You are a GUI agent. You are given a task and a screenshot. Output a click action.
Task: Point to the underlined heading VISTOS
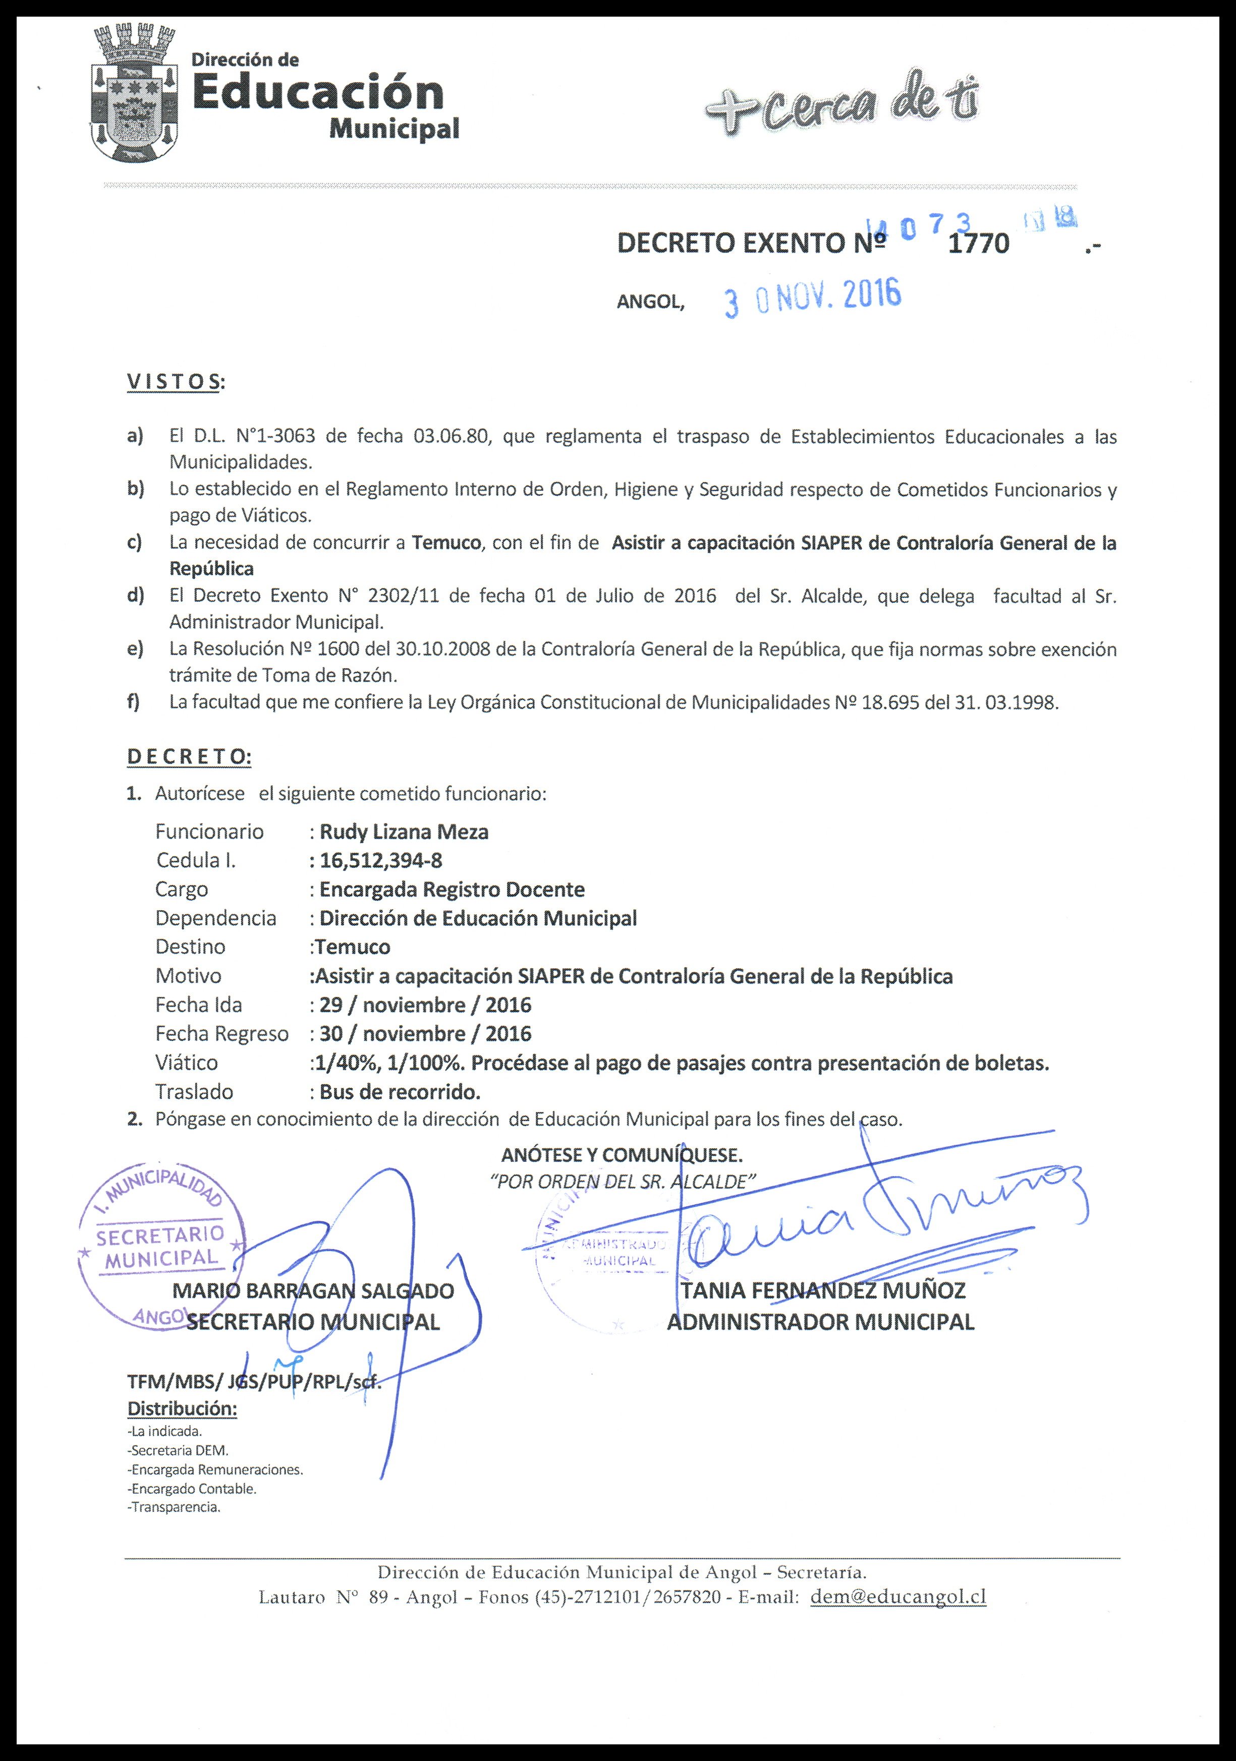tap(174, 382)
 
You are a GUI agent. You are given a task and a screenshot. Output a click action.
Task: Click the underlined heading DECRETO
tap(189, 756)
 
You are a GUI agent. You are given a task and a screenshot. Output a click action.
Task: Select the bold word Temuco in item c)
tap(446, 543)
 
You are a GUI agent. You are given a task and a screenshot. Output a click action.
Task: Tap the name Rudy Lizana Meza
tap(404, 832)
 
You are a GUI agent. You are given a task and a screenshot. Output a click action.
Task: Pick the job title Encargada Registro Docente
tap(452, 890)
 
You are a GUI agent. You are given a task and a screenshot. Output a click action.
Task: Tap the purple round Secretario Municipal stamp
tap(162, 1249)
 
